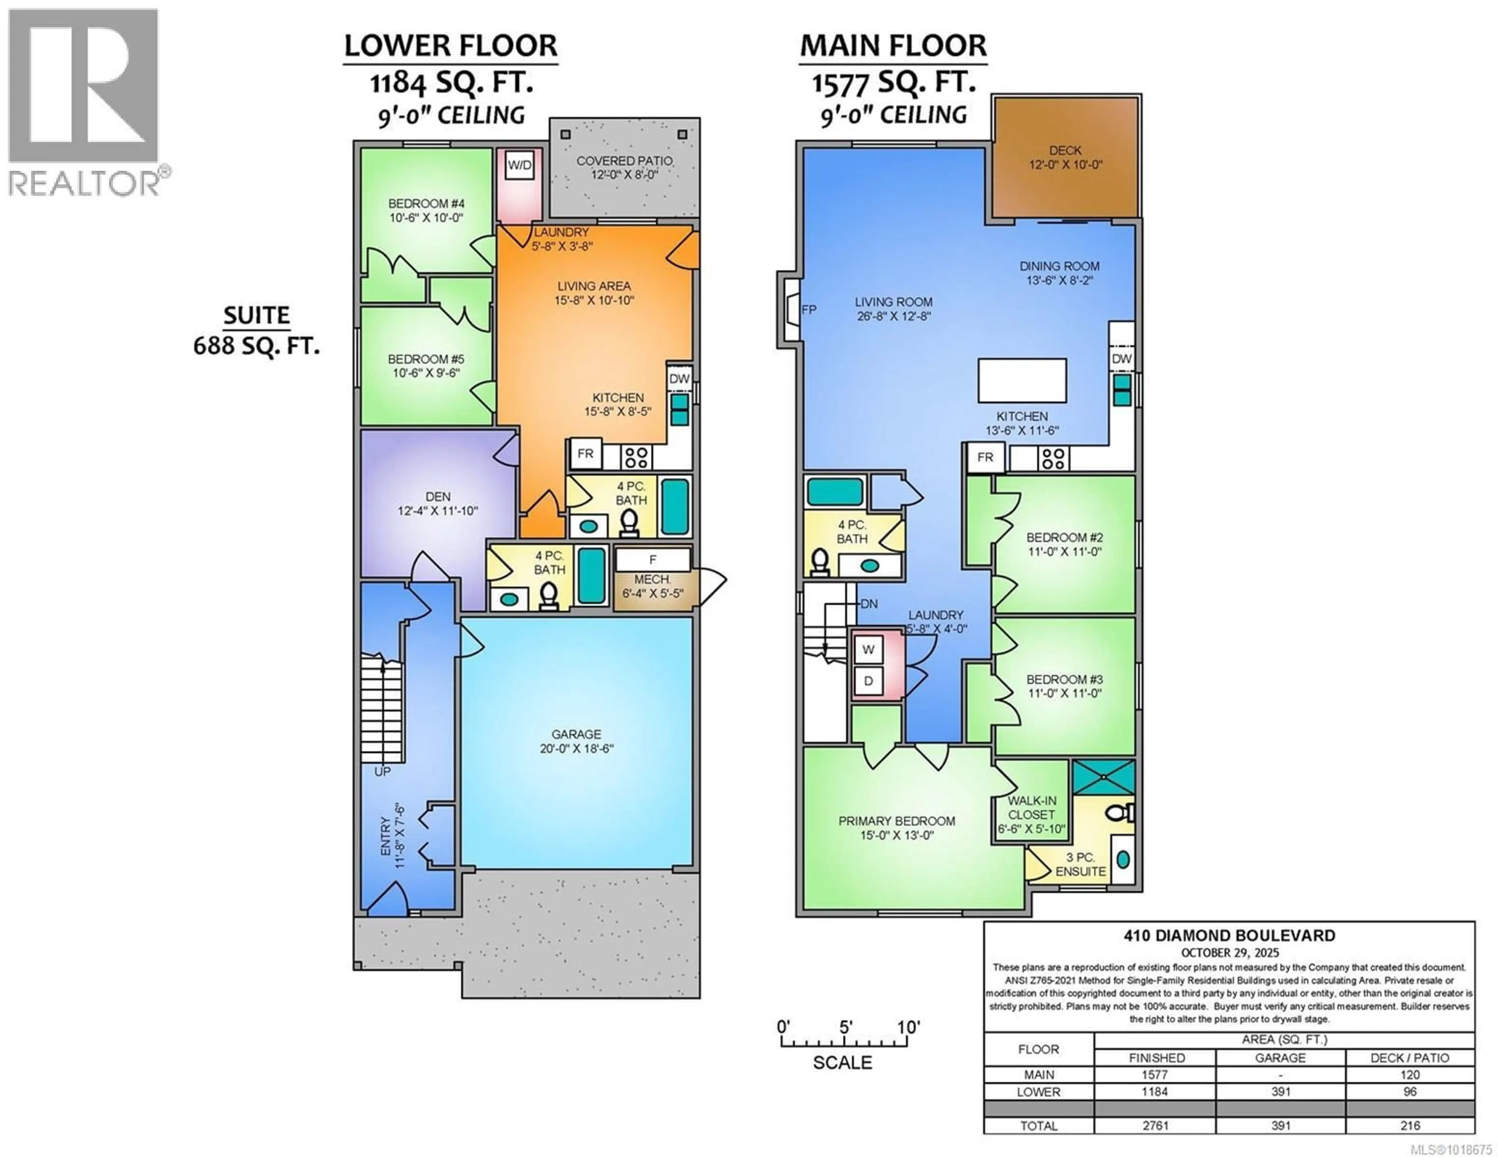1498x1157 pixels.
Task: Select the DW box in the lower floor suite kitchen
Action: (679, 379)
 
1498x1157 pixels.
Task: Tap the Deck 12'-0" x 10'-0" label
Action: (1065, 157)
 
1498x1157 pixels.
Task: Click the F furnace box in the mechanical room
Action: (652, 560)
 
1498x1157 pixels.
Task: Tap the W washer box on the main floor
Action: (868, 650)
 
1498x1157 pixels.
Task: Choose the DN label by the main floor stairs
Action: (869, 604)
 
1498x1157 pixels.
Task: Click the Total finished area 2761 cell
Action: (1155, 1125)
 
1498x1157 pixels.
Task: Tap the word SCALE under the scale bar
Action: (842, 1062)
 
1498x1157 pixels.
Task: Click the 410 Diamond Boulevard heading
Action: (1229, 936)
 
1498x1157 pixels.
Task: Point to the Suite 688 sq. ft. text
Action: (257, 331)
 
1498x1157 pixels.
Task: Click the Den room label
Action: (438, 503)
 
